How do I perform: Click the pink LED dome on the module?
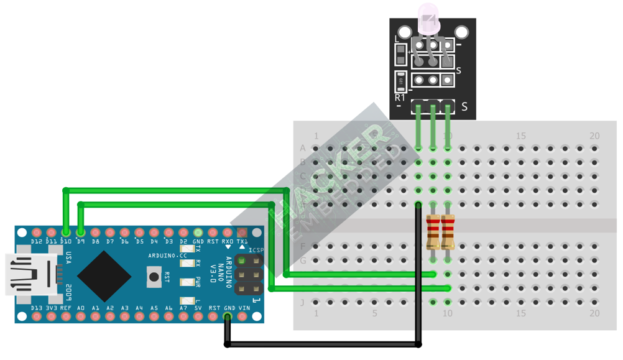428,17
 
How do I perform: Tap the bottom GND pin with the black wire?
228,316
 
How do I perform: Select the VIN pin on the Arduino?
242,316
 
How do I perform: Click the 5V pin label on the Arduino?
198,308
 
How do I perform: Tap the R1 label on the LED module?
400,98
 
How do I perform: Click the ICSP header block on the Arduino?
248,275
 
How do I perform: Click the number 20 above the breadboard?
595,136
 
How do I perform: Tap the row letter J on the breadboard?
303,303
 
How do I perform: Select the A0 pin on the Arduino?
80,316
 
